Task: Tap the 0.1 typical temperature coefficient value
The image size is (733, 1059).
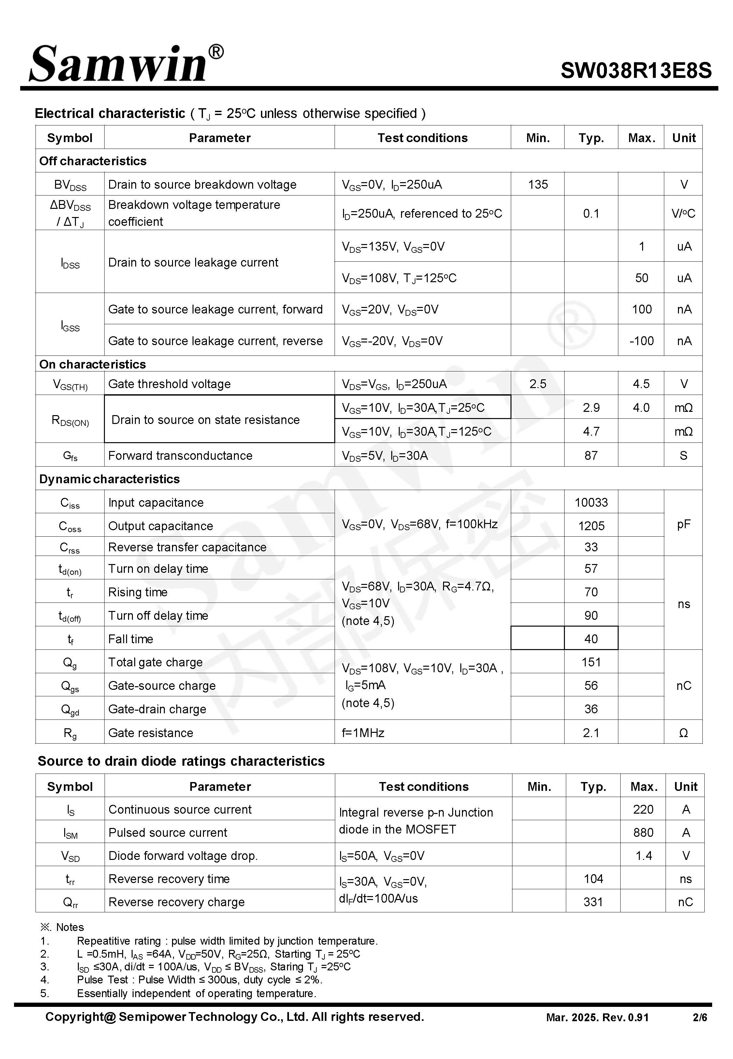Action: click(x=591, y=213)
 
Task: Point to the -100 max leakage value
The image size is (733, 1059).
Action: click(x=641, y=341)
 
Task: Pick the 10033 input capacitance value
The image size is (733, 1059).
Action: click(x=591, y=502)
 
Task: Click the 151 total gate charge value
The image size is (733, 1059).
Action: click(x=591, y=662)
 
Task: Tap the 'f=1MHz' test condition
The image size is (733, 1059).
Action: click(x=363, y=733)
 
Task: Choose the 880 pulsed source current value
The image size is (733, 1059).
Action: click(x=643, y=833)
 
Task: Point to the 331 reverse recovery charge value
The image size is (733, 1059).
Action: click(x=593, y=902)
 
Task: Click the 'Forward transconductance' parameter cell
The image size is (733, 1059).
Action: click(x=180, y=456)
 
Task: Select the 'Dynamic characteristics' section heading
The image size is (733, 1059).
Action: click(x=109, y=479)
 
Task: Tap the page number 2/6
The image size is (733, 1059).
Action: click(x=700, y=1018)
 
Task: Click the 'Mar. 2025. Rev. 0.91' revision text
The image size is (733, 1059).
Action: click(x=597, y=1018)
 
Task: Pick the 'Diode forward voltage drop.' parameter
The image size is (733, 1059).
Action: click(x=183, y=856)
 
